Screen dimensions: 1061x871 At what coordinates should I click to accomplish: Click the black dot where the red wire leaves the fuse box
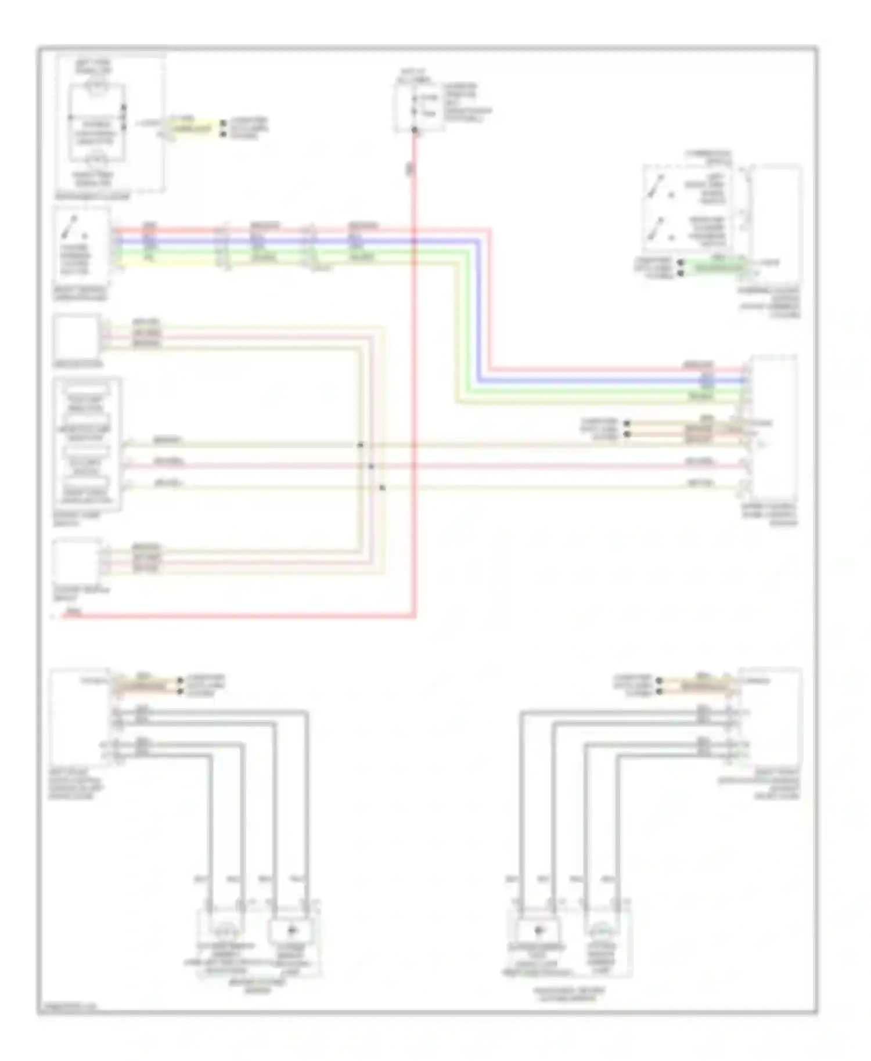[415, 131]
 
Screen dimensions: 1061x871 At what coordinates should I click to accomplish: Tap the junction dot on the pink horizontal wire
[371, 466]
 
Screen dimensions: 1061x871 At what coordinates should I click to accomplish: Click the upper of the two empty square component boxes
[76, 337]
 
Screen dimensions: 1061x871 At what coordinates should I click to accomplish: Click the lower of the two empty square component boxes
[76, 561]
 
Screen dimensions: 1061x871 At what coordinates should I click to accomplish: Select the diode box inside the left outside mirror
[291, 930]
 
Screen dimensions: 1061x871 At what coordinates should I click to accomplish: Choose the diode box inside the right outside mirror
[538, 930]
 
